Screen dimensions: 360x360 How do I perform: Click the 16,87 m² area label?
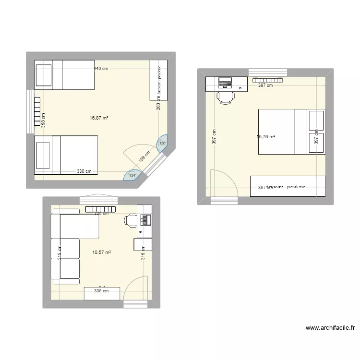[99, 117]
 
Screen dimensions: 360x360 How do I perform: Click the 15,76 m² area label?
[266, 137]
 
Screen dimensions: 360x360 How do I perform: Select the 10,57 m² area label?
[102, 252]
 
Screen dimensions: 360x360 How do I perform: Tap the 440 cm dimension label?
[101, 69]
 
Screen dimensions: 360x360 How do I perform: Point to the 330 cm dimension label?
[84, 171]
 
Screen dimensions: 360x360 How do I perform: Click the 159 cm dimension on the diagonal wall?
[144, 156]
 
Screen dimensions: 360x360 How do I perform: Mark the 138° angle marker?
[163, 143]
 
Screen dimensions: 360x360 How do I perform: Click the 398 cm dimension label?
[43, 120]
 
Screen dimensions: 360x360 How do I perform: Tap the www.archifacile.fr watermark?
[330, 328]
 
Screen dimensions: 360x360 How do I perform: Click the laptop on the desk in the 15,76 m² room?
[225, 83]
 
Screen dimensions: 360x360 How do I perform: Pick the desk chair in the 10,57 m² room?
[131, 220]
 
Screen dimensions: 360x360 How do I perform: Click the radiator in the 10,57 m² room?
[101, 209]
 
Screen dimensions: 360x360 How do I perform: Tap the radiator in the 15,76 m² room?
[268, 81]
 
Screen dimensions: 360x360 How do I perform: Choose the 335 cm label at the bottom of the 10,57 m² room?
[101, 290]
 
